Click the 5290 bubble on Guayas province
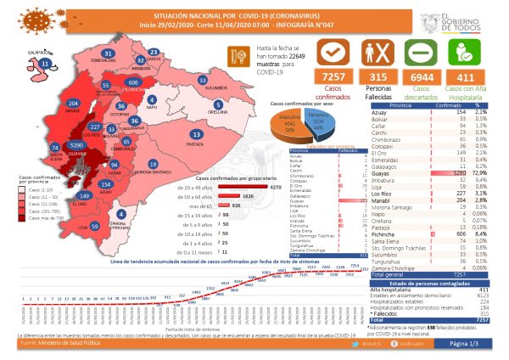[79, 146]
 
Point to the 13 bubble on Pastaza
[197, 134]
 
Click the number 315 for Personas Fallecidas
[372, 76]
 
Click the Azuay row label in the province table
[395, 111]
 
